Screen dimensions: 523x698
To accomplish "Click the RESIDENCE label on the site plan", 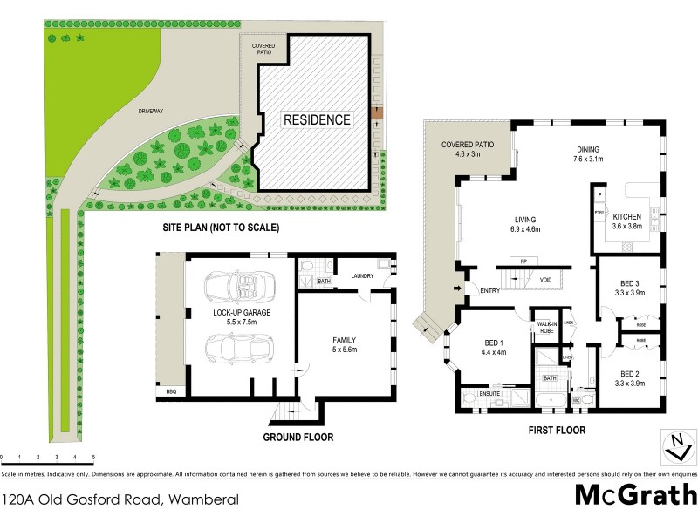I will [x=315, y=119].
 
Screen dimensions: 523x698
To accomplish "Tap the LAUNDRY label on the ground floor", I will [x=362, y=276].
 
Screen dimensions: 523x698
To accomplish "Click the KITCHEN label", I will [x=626, y=216].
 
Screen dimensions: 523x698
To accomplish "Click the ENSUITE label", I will [x=489, y=395].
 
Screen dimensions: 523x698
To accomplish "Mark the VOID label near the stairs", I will [x=546, y=280].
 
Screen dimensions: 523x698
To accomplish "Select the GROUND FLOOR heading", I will [x=299, y=437].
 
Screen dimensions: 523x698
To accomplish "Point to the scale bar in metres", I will [x=47, y=458].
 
